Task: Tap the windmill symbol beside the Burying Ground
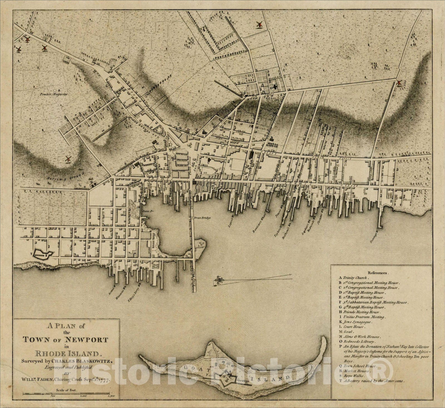click(68, 159)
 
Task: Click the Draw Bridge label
click(203, 218)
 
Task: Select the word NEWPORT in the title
click(90, 339)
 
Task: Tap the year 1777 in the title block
click(104, 379)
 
